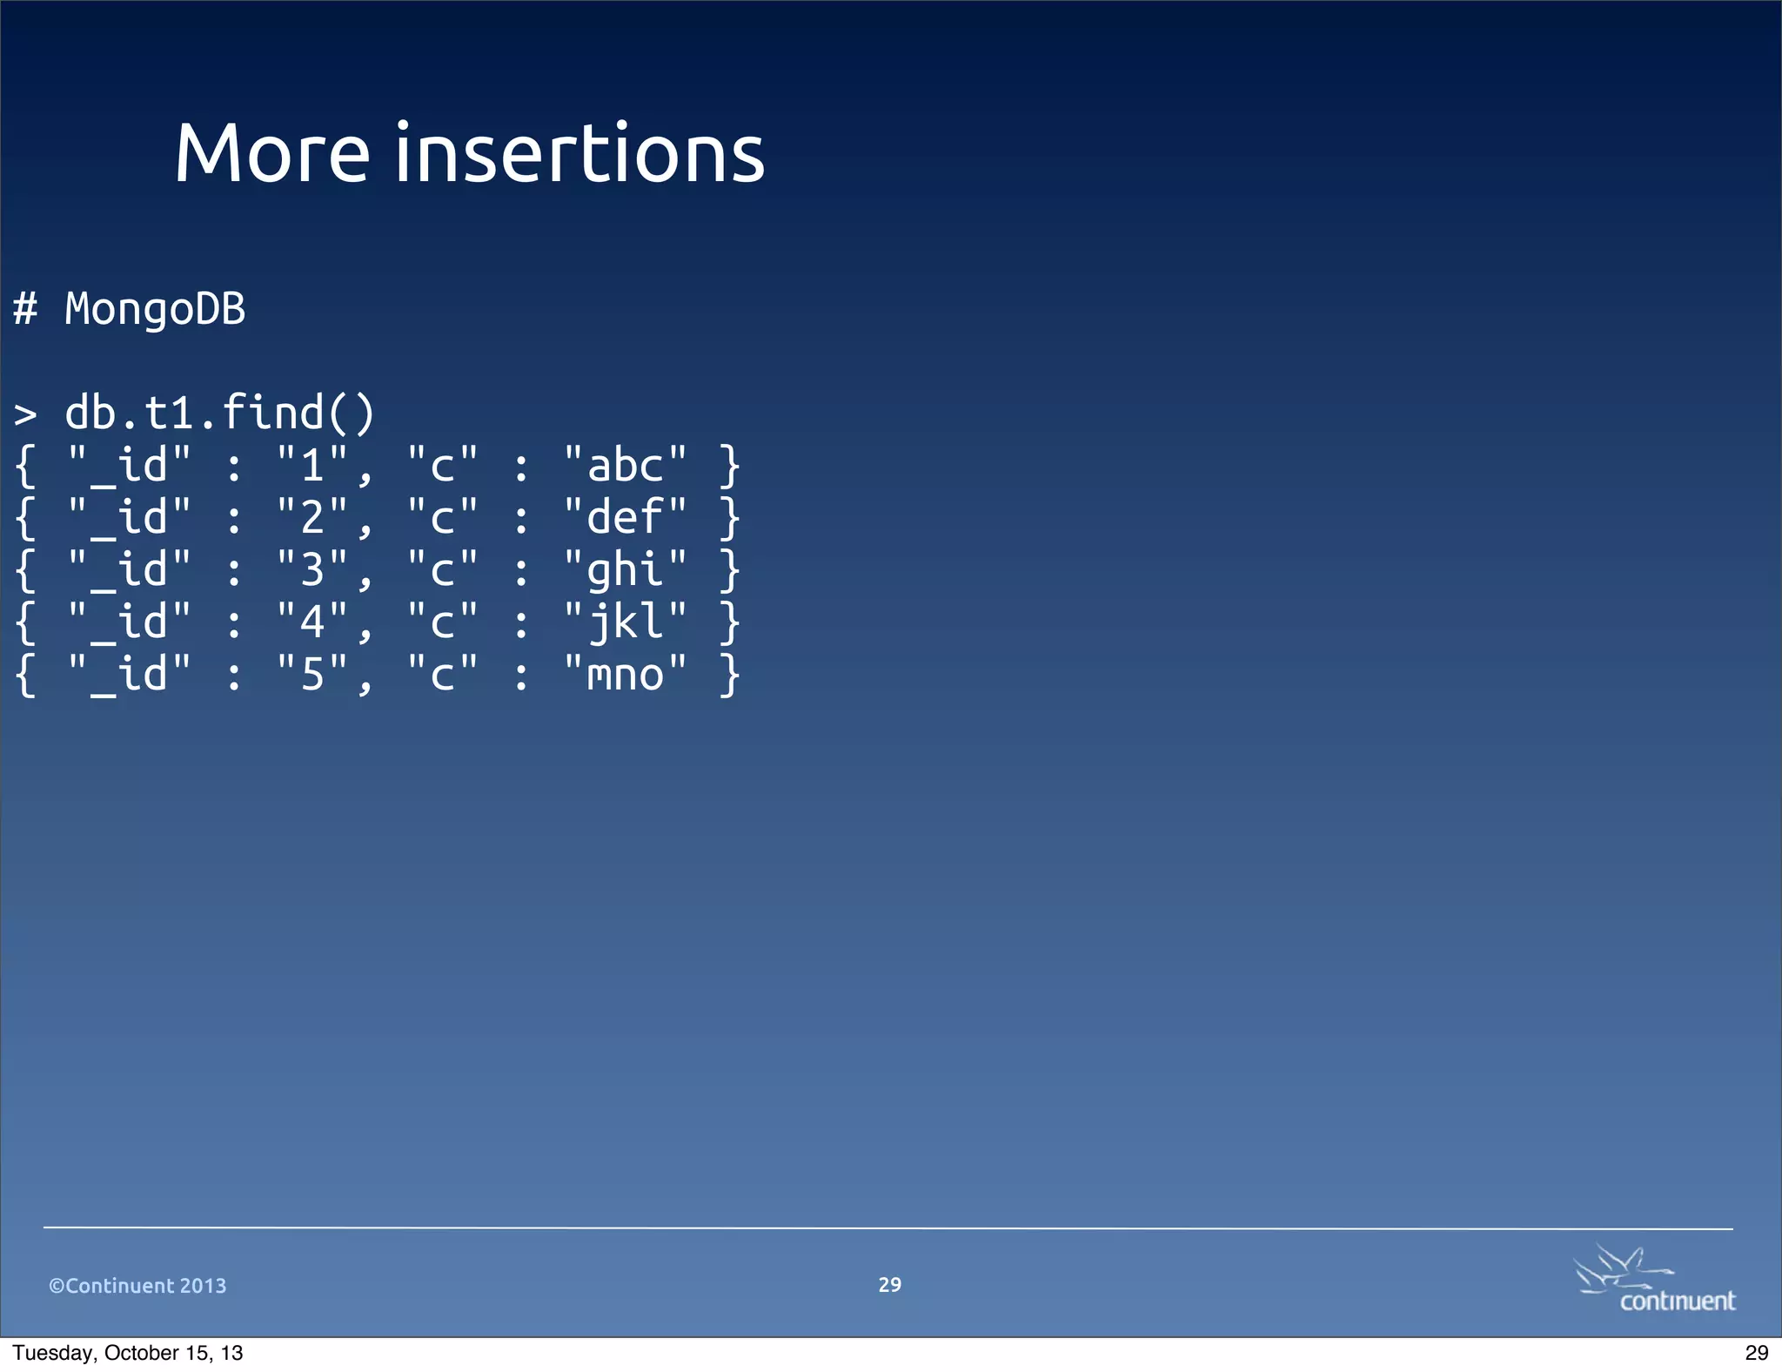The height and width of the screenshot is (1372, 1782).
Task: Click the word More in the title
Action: pyautogui.click(x=272, y=154)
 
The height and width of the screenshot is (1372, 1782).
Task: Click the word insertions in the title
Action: pyautogui.click(x=579, y=154)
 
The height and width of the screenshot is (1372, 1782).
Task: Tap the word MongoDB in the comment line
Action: pyautogui.click(x=155, y=309)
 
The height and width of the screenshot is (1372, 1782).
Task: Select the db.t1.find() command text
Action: pyautogui.click(x=220, y=413)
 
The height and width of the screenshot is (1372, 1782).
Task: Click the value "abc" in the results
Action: pyautogui.click(x=625, y=465)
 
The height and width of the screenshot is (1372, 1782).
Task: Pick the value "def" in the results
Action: pyautogui.click(x=625, y=517)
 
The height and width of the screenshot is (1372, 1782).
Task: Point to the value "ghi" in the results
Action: pyautogui.click(x=625, y=570)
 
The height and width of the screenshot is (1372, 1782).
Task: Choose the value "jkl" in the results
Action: pyautogui.click(x=625, y=622)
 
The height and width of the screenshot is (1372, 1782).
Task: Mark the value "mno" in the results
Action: pyautogui.click(x=625, y=675)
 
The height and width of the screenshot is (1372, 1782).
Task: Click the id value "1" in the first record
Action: pyautogui.click(x=312, y=465)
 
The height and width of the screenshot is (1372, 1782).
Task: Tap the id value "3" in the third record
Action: pyautogui.click(x=312, y=570)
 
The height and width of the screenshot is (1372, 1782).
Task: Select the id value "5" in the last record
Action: pyautogui.click(x=312, y=675)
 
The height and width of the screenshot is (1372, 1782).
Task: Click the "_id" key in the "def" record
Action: pyautogui.click(x=129, y=517)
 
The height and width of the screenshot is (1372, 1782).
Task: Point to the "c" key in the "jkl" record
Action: pyautogui.click(x=442, y=622)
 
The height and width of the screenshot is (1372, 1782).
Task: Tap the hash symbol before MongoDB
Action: pyautogui.click(x=25, y=309)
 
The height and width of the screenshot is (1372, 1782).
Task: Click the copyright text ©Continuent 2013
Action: pyautogui.click(x=137, y=1286)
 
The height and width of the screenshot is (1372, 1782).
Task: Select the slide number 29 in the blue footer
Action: pyautogui.click(x=889, y=1285)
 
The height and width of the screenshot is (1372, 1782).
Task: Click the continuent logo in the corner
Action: pyautogui.click(x=1654, y=1280)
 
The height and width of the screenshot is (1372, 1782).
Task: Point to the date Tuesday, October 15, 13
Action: pyautogui.click(x=128, y=1353)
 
